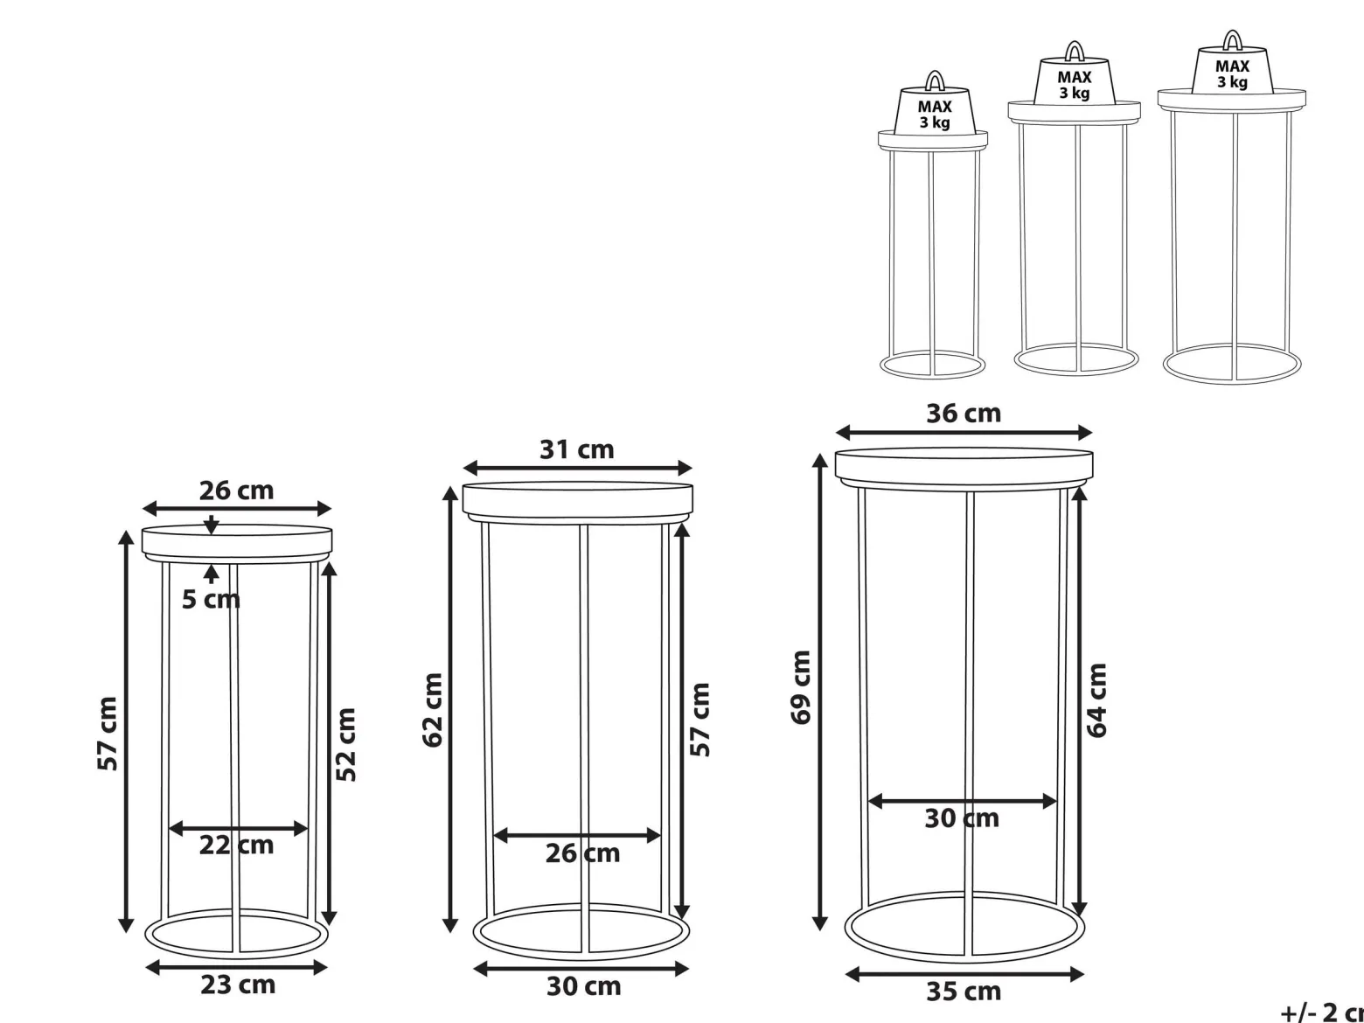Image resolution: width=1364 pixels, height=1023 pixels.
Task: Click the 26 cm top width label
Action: pos(236,491)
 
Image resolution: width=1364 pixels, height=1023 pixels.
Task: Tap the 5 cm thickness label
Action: pos(211,600)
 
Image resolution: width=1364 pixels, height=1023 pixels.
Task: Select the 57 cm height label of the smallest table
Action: pos(108,734)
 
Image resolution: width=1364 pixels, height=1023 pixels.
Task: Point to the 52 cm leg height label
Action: pos(345,744)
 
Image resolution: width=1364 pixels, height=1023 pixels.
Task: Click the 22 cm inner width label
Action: pos(236,845)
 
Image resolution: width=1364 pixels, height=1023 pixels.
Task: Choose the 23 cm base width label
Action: pos(237,985)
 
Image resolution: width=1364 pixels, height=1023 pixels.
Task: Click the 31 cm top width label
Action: pos(577,449)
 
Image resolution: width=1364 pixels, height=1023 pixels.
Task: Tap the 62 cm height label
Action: pos(433,710)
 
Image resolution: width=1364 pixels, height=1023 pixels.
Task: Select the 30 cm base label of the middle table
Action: pos(583,985)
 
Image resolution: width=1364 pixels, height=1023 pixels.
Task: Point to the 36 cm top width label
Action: pos(964,414)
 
